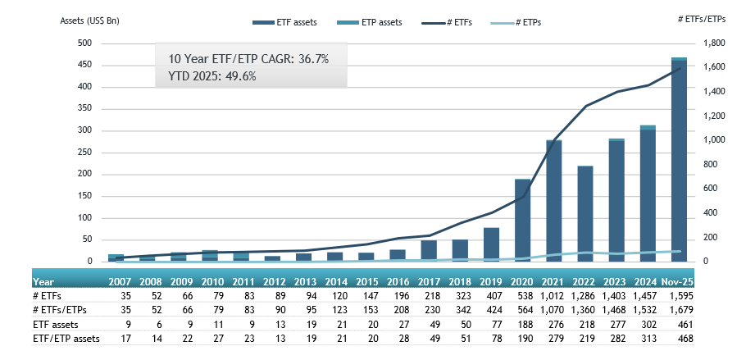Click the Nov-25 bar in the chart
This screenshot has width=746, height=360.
(x=679, y=160)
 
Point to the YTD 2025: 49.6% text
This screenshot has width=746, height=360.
(x=212, y=76)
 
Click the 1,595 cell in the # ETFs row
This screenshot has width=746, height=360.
(x=680, y=296)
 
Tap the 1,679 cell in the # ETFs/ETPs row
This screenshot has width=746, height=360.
(x=680, y=311)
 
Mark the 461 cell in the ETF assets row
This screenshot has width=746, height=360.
(x=682, y=326)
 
